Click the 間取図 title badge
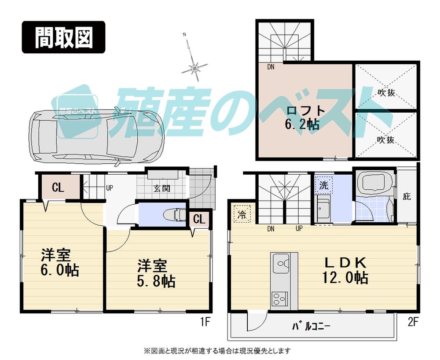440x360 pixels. pyautogui.click(x=64, y=37)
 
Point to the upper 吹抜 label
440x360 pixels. pyautogui.click(x=385, y=93)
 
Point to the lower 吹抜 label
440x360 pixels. pyautogui.click(x=385, y=140)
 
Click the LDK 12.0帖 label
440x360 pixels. pyautogui.click(x=345, y=270)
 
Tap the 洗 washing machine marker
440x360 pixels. pyautogui.click(x=323, y=185)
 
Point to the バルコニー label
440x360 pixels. pyautogui.click(x=311, y=327)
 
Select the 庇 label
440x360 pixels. pyautogui.click(x=407, y=196)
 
